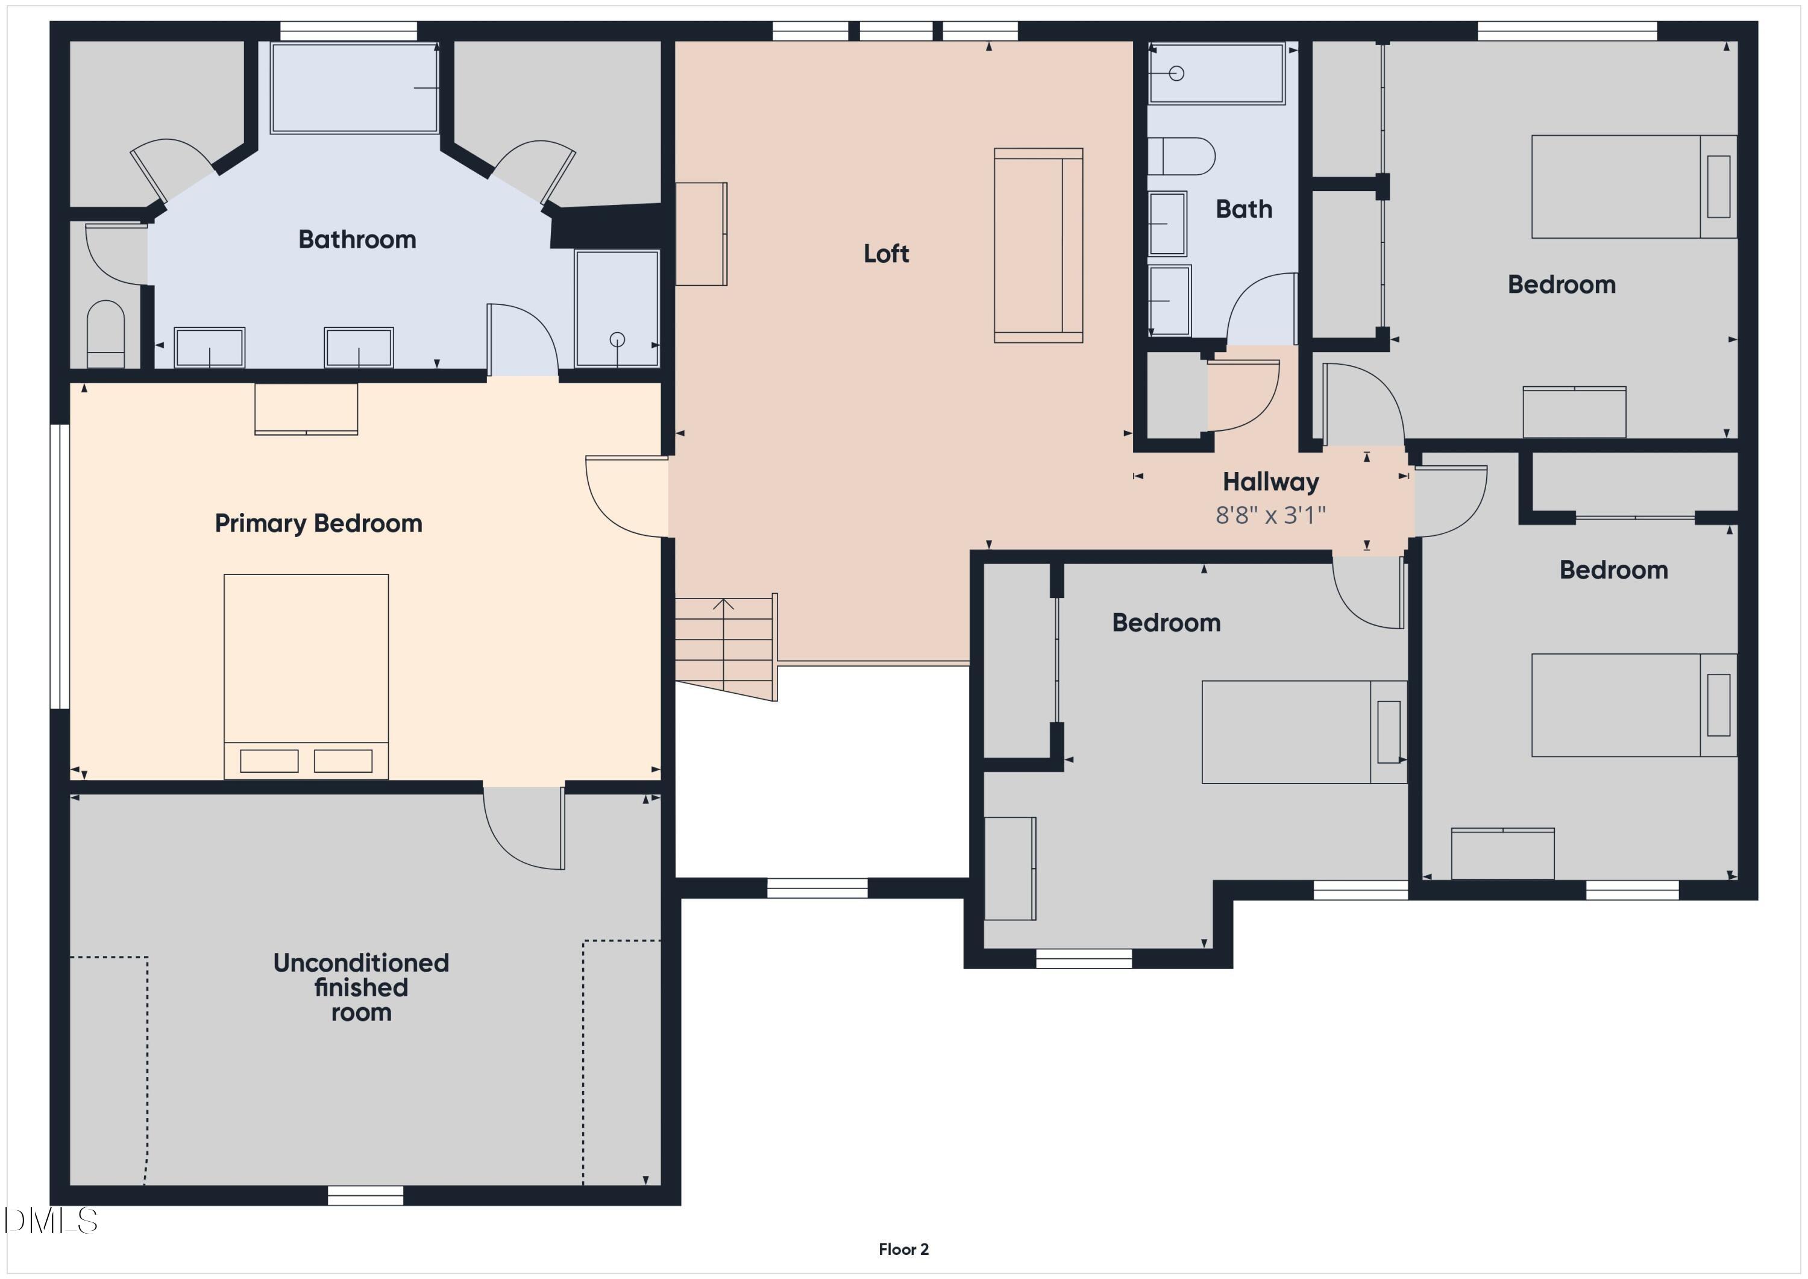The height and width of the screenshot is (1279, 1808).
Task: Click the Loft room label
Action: point(886,254)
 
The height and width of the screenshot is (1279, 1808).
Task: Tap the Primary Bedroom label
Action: point(318,524)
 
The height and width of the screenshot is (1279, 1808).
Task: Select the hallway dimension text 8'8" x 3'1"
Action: point(1270,515)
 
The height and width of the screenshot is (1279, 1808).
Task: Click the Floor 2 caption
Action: point(903,1249)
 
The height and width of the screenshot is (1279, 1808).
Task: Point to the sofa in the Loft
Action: point(1038,245)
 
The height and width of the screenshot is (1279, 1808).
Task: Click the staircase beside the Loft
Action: point(724,646)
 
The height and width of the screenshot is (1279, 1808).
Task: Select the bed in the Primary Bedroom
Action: point(306,676)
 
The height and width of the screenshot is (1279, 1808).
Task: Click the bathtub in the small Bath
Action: point(1217,74)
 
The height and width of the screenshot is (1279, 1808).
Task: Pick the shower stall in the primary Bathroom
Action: point(617,309)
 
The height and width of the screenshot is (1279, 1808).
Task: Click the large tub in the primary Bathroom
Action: point(354,87)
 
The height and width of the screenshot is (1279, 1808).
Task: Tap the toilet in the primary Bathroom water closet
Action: point(105,334)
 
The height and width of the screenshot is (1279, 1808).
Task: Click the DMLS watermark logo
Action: point(51,1221)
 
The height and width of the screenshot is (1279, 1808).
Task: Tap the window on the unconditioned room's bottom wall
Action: point(365,1195)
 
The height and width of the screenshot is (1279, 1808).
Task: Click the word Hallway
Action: point(1270,481)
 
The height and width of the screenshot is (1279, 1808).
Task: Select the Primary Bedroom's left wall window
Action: point(60,567)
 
